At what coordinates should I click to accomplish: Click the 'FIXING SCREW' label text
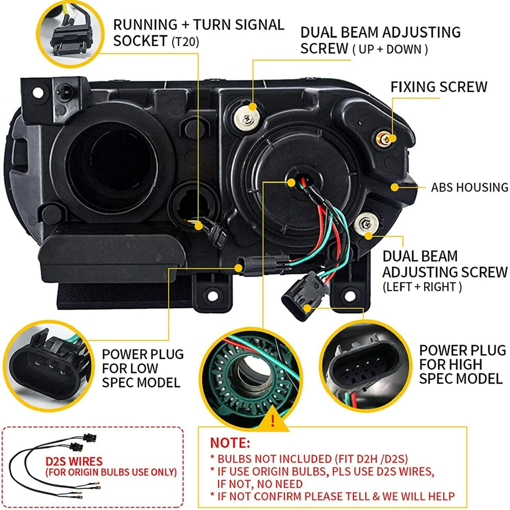tap(438, 87)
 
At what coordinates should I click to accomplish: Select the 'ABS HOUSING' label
tap(469, 187)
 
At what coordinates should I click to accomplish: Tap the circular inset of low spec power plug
tap(48, 365)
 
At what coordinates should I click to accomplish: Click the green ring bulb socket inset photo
tap(251, 375)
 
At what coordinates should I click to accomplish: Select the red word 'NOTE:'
tap(230, 443)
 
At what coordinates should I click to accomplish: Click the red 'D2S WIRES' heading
tap(74, 461)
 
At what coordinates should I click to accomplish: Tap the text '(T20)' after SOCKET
tap(185, 42)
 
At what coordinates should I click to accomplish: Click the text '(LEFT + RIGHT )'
tap(422, 287)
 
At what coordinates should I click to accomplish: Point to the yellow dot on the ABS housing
tap(394, 187)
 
